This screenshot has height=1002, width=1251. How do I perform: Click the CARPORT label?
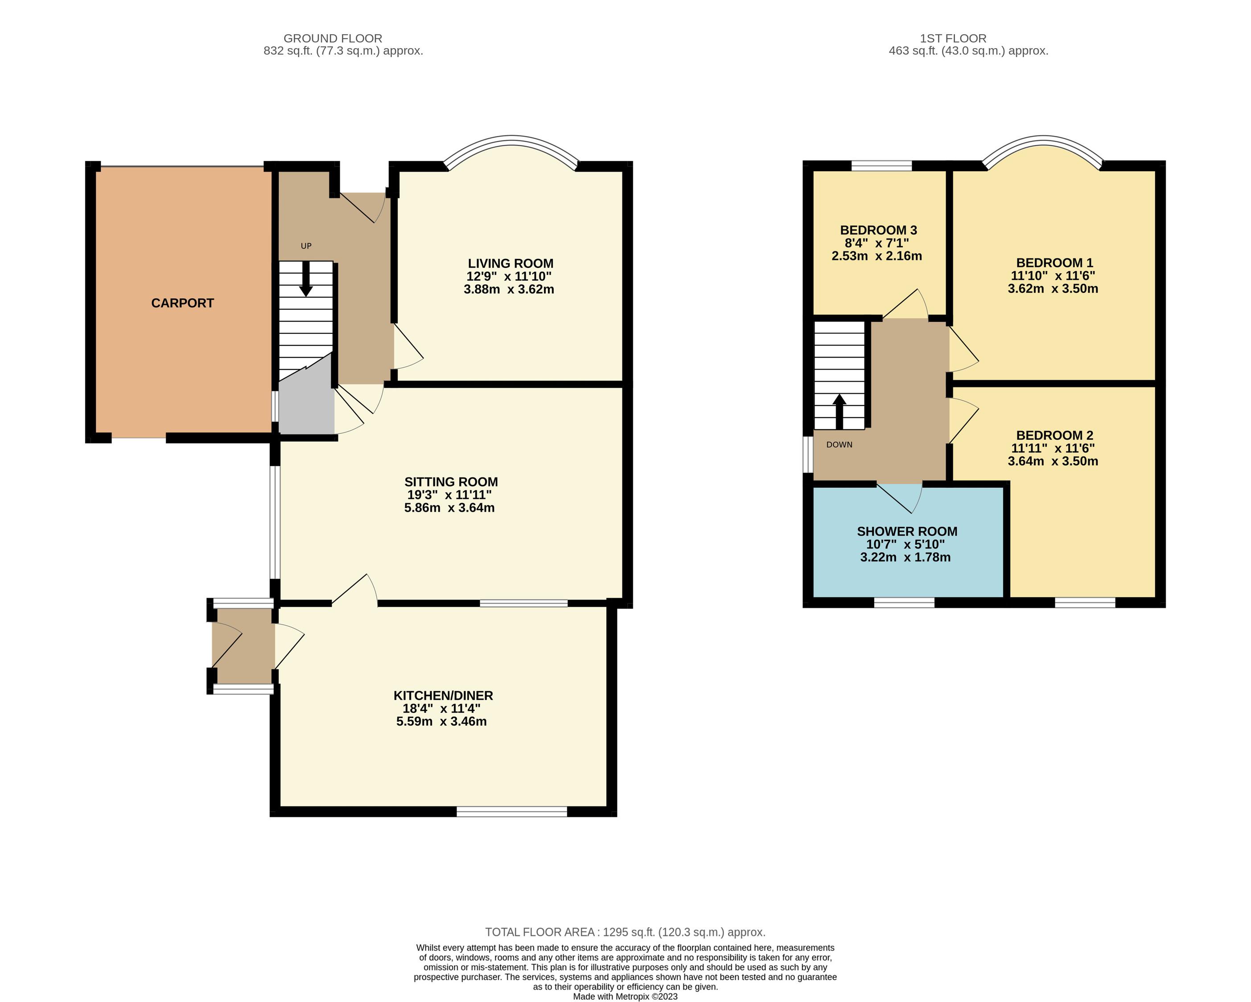(182, 303)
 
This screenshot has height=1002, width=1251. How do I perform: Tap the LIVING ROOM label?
(510, 263)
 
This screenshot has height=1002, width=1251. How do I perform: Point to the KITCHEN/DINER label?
(443, 695)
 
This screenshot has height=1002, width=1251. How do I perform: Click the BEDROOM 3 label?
(878, 230)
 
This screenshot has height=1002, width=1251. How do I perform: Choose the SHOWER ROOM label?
(907, 531)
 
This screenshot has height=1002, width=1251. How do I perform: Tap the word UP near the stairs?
(306, 246)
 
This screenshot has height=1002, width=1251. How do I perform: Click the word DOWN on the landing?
(839, 445)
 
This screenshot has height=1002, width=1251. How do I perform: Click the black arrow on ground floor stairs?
(306, 279)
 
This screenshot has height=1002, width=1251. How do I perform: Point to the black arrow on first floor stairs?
(839, 412)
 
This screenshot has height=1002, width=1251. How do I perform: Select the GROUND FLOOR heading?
(333, 38)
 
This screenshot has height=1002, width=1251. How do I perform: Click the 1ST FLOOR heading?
(953, 38)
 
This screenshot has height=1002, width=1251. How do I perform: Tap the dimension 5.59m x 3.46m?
(441, 722)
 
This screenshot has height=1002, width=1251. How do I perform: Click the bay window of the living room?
(512, 139)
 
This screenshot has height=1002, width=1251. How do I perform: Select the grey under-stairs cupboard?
(306, 400)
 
